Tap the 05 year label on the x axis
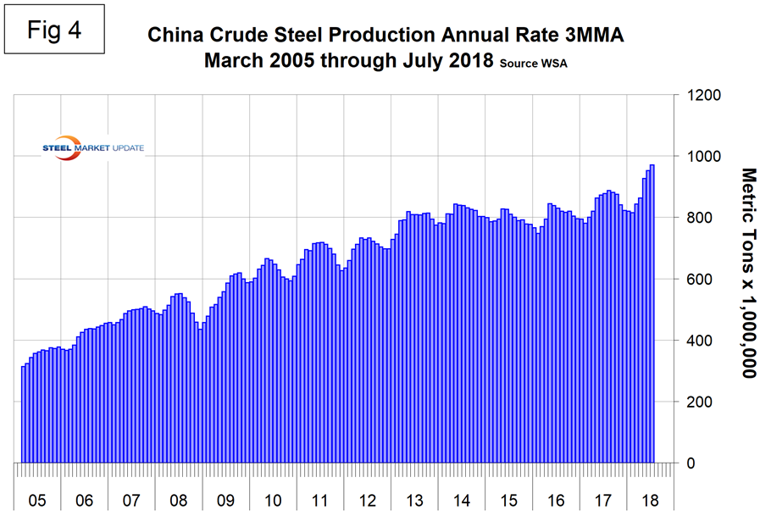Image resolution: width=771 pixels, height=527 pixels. point(37,501)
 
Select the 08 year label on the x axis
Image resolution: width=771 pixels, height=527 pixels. point(178,501)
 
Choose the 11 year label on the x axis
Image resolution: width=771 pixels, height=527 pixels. point(320,501)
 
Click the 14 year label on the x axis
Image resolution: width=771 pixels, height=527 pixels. point(462,501)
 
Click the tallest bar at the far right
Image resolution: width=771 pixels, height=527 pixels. point(652,313)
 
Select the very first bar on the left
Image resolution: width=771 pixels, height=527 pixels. point(23,415)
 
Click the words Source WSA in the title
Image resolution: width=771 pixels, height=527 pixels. point(531,65)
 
